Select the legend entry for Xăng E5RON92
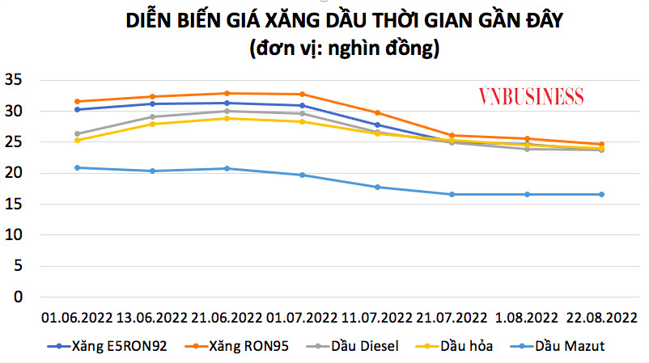point(112,346)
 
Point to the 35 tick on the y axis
point(15,79)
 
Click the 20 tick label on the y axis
point(15,173)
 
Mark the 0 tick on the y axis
point(19,297)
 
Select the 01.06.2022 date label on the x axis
point(76,317)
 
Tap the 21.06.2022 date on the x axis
point(227,317)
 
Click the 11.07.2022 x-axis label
point(376,317)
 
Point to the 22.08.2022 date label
point(601,317)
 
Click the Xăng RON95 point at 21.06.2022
point(227,93)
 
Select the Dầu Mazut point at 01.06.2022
point(77,167)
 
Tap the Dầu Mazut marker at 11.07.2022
point(376,187)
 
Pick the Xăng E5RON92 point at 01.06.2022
point(77,109)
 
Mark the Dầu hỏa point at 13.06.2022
point(152,124)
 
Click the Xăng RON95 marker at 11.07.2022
point(376,112)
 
